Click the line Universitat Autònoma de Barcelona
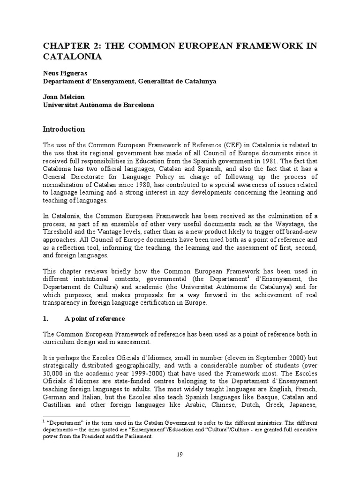[98, 105]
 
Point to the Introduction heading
[64, 129]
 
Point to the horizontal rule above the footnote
[86, 417]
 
